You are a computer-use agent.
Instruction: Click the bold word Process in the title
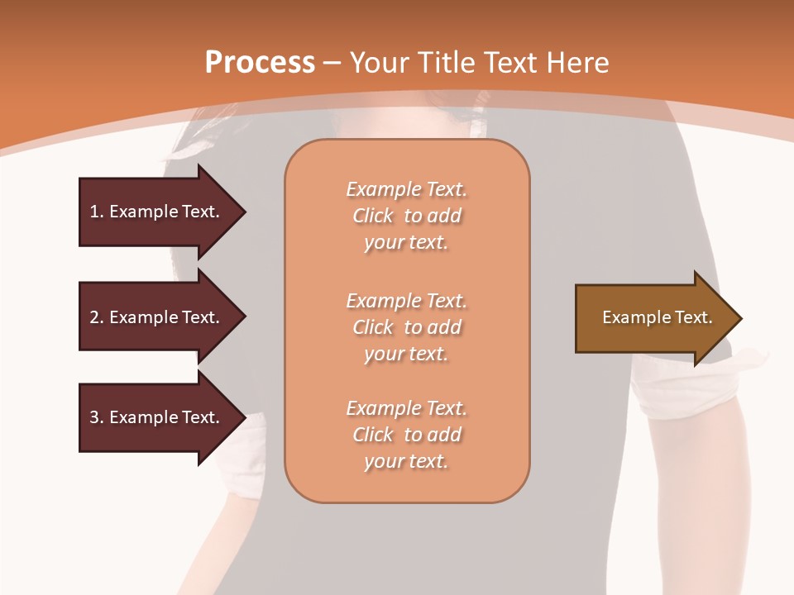260,63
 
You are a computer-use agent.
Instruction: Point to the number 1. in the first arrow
97,212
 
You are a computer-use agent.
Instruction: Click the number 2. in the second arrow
97,317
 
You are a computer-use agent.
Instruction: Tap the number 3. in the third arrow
97,417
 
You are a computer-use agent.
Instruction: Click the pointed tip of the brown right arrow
739,318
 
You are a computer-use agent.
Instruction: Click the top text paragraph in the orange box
406,216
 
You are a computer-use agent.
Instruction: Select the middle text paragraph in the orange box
406,327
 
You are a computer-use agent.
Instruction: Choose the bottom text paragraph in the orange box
406,435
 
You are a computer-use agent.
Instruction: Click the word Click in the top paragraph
373,216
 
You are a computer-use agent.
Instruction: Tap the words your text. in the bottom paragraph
406,462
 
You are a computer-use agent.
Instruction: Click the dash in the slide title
332,63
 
